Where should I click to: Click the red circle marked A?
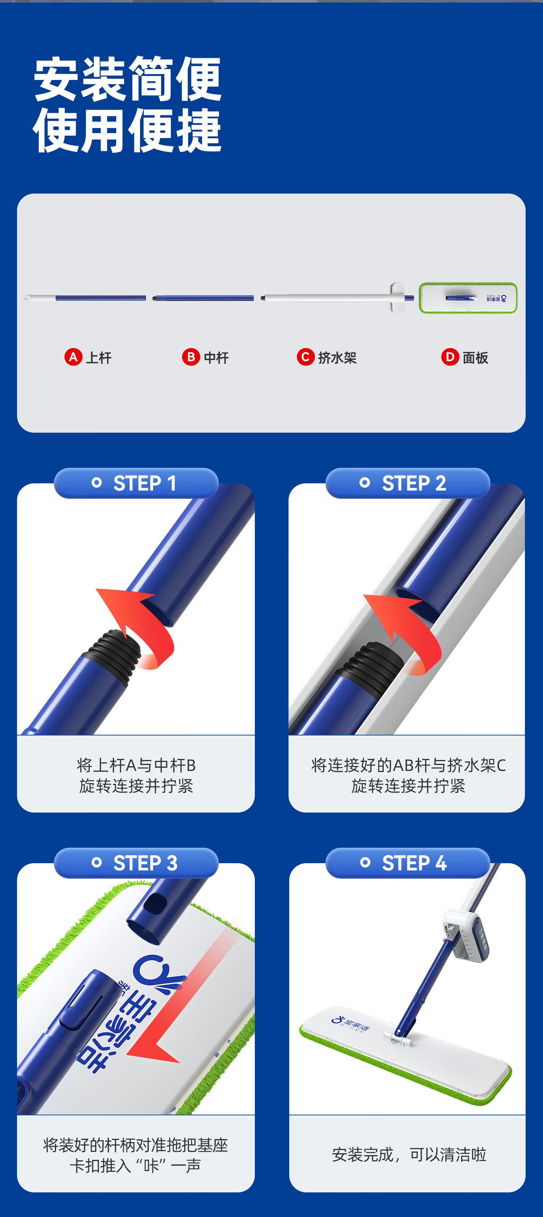[x=73, y=357]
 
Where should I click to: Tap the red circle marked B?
[x=191, y=357]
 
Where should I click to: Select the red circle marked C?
[x=305, y=357]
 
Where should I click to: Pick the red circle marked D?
[x=450, y=357]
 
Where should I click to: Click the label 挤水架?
[x=337, y=358]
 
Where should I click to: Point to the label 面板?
[x=475, y=358]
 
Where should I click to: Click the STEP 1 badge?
[x=136, y=483]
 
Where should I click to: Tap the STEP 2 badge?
[x=407, y=483]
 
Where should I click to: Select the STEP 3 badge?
[x=136, y=863]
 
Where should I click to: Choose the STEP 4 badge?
[x=407, y=863]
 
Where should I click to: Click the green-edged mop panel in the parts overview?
[x=468, y=298]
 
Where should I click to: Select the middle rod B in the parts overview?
[x=203, y=298]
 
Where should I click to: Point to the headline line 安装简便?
[x=127, y=79]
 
